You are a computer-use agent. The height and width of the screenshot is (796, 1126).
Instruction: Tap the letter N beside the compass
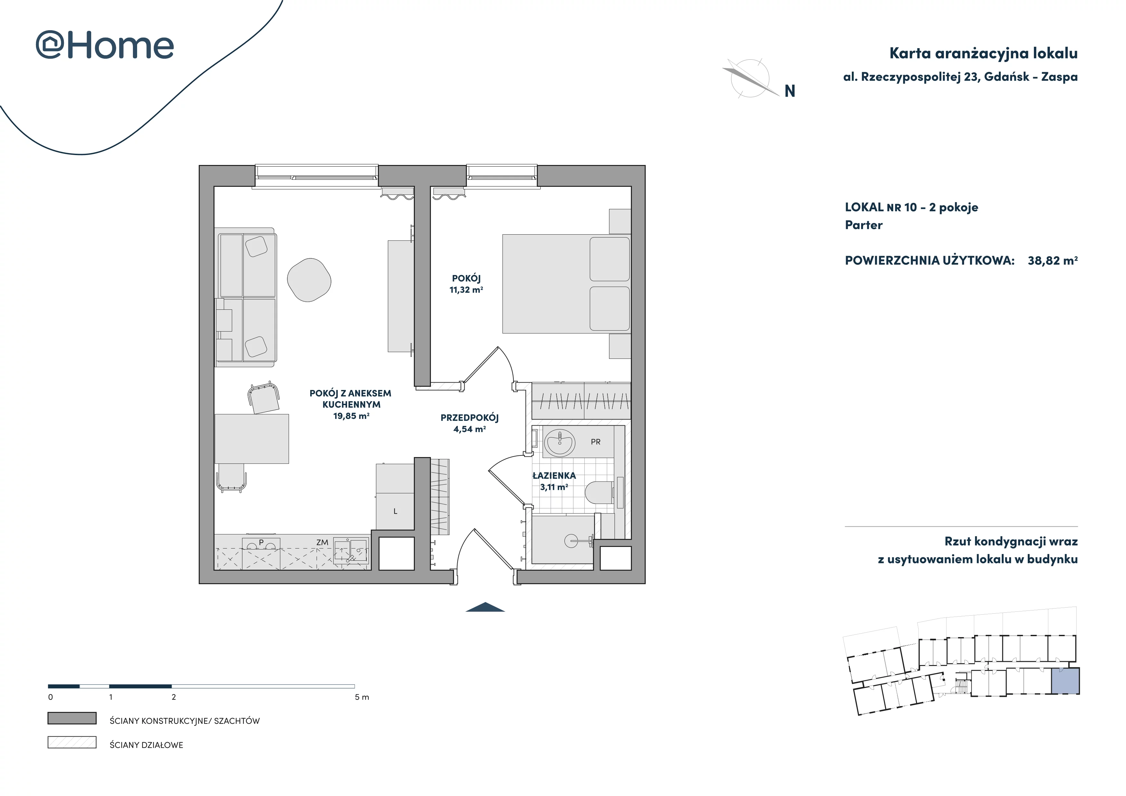coord(790,91)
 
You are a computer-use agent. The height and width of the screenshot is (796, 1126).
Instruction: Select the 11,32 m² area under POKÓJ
coord(466,290)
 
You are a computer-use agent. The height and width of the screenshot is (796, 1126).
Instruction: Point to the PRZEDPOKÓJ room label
coord(469,418)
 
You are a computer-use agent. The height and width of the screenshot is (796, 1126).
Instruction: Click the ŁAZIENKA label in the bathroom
coord(554,475)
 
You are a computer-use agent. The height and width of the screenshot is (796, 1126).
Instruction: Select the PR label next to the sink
coord(595,442)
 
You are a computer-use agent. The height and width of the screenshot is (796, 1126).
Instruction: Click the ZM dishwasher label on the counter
coord(322,542)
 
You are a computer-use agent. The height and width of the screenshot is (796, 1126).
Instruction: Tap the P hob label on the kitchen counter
coord(261,542)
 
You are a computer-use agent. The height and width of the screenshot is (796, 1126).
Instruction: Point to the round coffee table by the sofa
coord(309,280)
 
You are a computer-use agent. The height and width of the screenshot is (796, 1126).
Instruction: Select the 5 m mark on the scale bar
coord(362,697)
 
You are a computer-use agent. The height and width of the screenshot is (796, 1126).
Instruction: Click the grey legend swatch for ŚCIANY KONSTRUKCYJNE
coord(72,718)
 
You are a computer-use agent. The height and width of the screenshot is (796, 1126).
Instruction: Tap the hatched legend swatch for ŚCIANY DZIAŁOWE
coord(72,742)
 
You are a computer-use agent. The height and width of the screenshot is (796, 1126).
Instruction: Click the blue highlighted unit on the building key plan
coord(1065,681)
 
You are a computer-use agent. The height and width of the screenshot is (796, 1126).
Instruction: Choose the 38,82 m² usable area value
coord(1052,260)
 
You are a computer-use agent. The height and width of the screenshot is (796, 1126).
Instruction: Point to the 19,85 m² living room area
coord(351,416)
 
